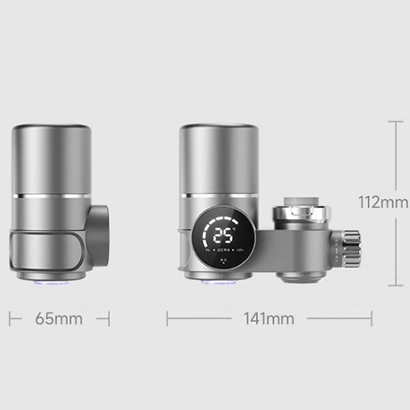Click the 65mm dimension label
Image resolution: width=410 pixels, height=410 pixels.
(59, 319)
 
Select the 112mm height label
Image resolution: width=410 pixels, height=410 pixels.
(383, 202)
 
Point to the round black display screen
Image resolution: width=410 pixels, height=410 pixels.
(224, 240)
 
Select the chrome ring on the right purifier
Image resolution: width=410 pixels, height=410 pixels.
(218, 196)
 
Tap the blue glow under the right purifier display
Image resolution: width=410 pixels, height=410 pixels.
(218, 281)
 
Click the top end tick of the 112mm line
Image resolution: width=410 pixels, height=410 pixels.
(395, 121)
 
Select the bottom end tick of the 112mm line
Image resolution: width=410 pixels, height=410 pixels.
(395, 285)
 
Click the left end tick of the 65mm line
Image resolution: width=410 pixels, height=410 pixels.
(10, 319)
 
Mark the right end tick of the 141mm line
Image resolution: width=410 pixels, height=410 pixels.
(372, 319)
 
